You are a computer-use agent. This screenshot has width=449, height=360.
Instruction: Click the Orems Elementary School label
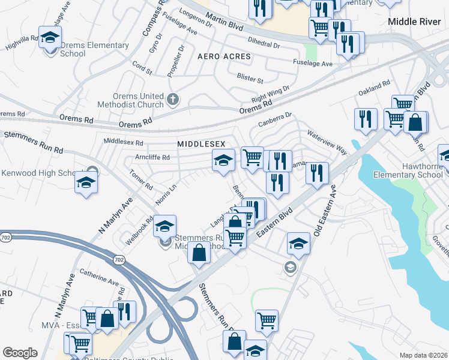coord(91,49)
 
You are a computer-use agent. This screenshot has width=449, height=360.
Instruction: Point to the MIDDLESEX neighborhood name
coord(200,144)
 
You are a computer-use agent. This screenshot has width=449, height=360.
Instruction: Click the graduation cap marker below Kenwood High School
coord(86,182)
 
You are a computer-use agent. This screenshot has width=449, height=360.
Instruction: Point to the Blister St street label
coord(250,79)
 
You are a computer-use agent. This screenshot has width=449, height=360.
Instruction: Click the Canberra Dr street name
coord(275,119)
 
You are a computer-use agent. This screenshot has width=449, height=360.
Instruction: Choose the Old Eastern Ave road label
coord(323,210)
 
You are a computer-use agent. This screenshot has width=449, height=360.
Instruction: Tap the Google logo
coord(20,353)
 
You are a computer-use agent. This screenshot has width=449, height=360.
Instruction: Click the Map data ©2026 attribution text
coord(423,355)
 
